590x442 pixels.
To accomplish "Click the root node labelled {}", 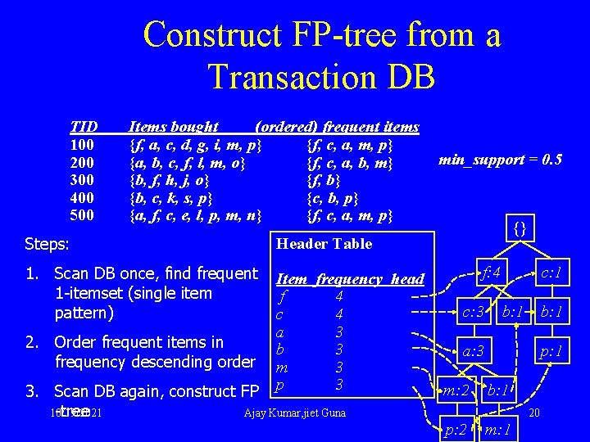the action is [520, 228].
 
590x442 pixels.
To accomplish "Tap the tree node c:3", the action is [475, 311].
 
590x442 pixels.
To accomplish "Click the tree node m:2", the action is [456, 390].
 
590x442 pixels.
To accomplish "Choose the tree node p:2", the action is [456, 429].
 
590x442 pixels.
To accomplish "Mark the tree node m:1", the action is [498, 429].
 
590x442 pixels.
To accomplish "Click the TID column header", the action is [84, 127].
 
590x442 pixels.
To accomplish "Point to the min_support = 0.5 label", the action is [500, 160].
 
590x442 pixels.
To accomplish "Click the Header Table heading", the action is [324, 244].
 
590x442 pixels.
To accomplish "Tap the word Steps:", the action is [48, 244].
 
